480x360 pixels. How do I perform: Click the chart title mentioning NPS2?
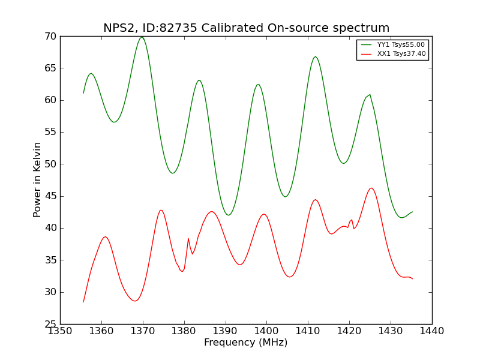pyautogui.click(x=246, y=28)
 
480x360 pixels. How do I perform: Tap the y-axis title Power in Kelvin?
pyautogui.click(x=37, y=179)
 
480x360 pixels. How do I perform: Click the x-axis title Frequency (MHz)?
pyautogui.click(x=245, y=343)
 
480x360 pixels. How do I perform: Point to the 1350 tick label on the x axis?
pyautogui.click(x=60, y=331)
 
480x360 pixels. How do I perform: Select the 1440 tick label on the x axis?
pyautogui.click(x=432, y=331)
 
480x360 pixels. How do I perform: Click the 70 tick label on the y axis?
pyautogui.click(x=49, y=36)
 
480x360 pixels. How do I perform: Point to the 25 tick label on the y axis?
pyautogui.click(x=49, y=324)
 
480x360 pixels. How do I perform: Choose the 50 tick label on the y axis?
pyautogui.click(x=49, y=164)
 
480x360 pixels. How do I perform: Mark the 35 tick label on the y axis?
pyautogui.click(x=49, y=260)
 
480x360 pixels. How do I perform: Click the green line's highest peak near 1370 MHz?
pyautogui.click(x=142, y=37)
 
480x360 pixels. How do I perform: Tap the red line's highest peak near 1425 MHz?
pyautogui.click(x=371, y=188)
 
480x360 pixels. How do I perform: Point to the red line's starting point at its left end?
pyautogui.click(x=83, y=302)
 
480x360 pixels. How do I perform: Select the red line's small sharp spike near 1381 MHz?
pyautogui.click(x=188, y=238)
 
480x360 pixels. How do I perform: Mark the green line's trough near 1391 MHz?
pyautogui.click(x=228, y=215)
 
